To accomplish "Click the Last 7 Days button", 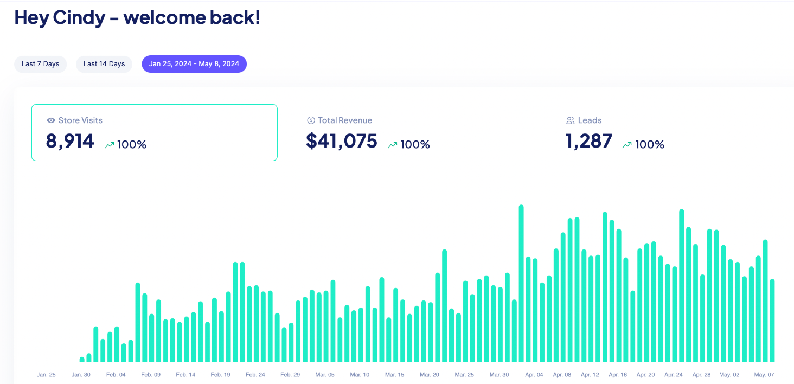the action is click(x=41, y=64).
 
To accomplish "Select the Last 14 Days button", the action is click(x=104, y=64).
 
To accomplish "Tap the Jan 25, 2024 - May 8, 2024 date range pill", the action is click(x=194, y=64).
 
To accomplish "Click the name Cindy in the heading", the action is click(x=79, y=18).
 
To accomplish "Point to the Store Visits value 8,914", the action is click(x=70, y=141).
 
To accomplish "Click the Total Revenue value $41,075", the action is click(x=341, y=141).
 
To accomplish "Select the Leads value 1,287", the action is click(x=589, y=141).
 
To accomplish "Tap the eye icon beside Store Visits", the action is click(x=51, y=120).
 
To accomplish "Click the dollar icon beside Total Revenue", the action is click(x=311, y=120).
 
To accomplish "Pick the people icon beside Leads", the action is click(x=571, y=120).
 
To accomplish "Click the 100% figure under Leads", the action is click(x=650, y=144).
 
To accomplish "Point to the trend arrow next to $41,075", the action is click(x=393, y=145).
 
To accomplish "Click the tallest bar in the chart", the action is click(x=521, y=283).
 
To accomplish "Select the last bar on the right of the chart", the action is click(x=772, y=321).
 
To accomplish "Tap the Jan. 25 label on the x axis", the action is click(x=46, y=374).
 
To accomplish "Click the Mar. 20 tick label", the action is click(x=429, y=374).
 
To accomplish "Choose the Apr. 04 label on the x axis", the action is click(x=534, y=374).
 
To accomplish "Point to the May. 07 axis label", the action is click(x=764, y=374).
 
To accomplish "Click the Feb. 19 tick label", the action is click(x=220, y=374).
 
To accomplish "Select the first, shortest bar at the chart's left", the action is click(x=82, y=360).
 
